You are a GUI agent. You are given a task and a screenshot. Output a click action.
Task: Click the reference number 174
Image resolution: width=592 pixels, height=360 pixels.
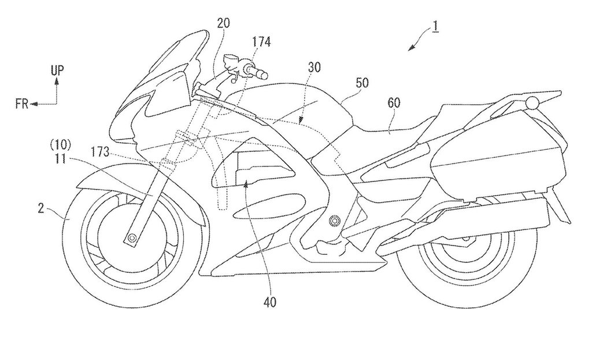click(x=262, y=42)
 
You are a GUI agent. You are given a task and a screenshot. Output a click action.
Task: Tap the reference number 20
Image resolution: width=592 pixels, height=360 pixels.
click(x=223, y=23)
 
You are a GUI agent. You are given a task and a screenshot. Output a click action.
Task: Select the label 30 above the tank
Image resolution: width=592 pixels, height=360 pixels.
click(x=314, y=68)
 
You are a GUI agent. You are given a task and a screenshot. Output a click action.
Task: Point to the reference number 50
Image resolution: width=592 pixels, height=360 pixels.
click(x=362, y=83)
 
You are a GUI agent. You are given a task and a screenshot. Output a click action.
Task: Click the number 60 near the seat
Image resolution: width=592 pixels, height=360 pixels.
click(x=393, y=103)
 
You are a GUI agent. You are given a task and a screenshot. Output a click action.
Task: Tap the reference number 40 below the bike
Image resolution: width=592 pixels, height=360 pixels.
click(x=269, y=302)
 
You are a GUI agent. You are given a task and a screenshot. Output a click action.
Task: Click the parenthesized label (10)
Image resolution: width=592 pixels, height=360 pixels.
click(x=61, y=145)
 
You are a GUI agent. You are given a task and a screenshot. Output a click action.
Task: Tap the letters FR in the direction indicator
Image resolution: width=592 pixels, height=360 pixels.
click(x=23, y=104)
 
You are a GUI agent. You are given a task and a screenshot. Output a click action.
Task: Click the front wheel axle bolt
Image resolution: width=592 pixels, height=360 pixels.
click(x=132, y=237)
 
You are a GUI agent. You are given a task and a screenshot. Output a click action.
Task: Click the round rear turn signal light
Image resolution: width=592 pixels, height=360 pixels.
click(x=532, y=102)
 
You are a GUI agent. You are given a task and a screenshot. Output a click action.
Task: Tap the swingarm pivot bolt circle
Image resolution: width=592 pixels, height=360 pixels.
click(x=334, y=220)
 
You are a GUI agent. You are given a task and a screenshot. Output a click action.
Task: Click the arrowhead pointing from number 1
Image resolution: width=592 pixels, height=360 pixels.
click(x=411, y=47)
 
